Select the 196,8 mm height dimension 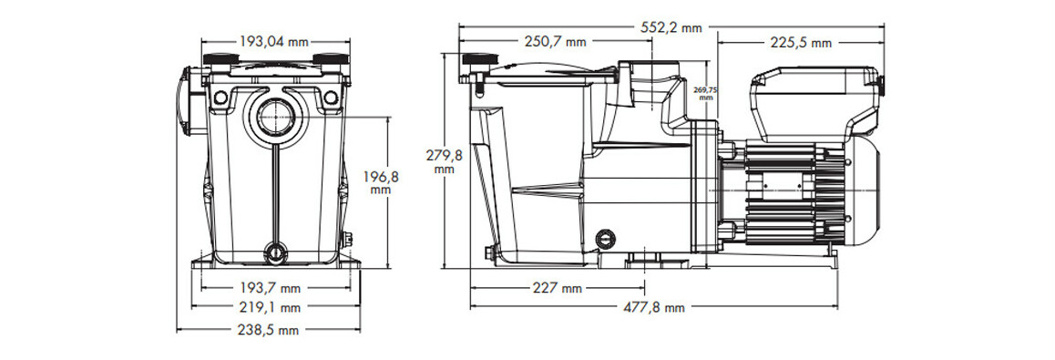tap(381, 183)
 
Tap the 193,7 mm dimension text tap(271, 289)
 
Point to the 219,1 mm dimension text tap(271, 308)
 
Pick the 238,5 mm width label tap(269, 331)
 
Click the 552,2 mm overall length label tap(671, 27)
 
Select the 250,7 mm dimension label tap(555, 42)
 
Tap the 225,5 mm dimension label tap(801, 43)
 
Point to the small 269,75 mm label tap(704, 94)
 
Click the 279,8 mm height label tap(444, 162)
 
